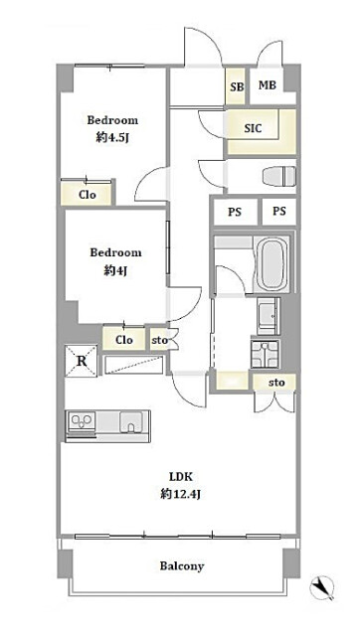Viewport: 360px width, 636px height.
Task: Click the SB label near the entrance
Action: click(x=237, y=86)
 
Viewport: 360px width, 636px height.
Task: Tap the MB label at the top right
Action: click(x=268, y=85)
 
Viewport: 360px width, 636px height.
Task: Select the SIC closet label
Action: click(x=253, y=129)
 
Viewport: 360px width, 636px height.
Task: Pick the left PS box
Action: click(x=235, y=212)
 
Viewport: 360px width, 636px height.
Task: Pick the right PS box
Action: click(x=278, y=211)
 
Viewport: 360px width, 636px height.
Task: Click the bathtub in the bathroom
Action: click(x=271, y=263)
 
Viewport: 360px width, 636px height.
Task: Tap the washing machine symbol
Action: click(x=266, y=354)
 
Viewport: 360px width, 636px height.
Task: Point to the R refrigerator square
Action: click(x=82, y=361)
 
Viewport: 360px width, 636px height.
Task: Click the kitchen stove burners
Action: click(x=82, y=421)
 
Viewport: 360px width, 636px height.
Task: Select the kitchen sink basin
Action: click(x=130, y=421)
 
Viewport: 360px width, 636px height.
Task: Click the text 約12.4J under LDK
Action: click(x=181, y=495)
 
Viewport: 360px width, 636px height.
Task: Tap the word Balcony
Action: click(x=181, y=565)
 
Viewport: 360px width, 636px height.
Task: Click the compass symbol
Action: click(x=322, y=587)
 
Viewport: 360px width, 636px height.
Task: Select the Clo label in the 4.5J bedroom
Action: click(x=88, y=195)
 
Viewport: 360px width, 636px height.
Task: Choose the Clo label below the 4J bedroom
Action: click(x=123, y=340)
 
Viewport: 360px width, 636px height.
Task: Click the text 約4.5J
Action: click(x=112, y=138)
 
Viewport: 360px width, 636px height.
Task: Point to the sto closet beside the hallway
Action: click(x=159, y=340)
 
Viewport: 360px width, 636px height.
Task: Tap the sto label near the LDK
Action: click(x=276, y=383)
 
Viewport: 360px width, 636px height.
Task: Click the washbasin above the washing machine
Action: click(x=269, y=316)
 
